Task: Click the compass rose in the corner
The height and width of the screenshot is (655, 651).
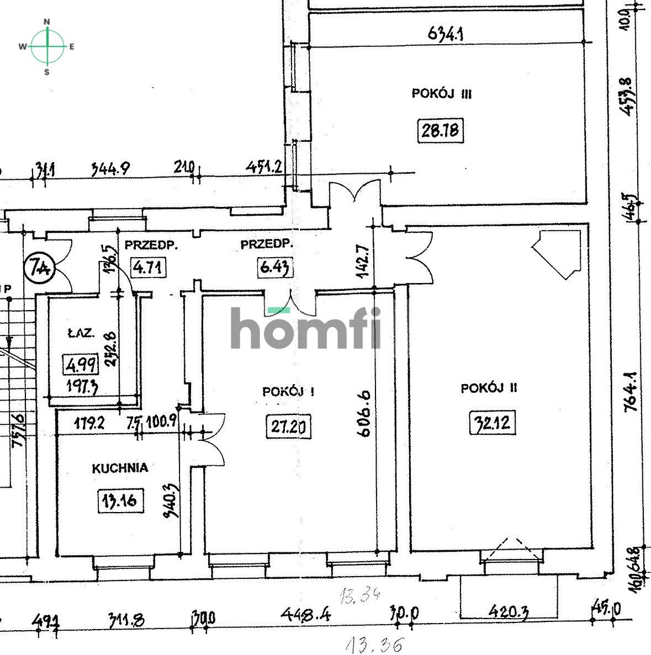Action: tap(47, 46)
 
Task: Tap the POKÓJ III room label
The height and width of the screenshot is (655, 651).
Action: tap(441, 94)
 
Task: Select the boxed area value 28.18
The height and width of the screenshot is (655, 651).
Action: tap(441, 131)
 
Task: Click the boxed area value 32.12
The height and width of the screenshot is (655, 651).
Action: tap(493, 424)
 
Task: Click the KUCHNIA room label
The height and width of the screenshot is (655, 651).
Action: tap(120, 468)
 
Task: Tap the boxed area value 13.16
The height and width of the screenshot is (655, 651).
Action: tap(121, 501)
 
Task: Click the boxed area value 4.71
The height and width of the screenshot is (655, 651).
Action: tap(149, 268)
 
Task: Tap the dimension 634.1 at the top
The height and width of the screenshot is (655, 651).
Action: tap(445, 34)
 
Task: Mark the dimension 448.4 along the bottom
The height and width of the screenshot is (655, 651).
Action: tap(306, 614)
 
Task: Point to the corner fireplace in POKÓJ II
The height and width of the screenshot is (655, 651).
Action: tap(559, 252)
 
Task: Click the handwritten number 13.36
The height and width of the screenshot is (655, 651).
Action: tap(374, 643)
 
